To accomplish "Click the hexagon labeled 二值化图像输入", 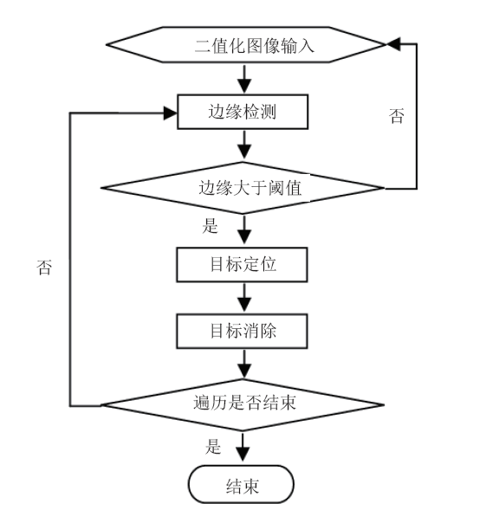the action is tap(246, 45).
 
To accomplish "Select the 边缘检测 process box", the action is tap(243, 112).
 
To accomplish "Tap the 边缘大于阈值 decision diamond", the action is tap(243, 188).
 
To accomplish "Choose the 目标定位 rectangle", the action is tap(242, 265).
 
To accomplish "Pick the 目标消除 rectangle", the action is tap(242, 331).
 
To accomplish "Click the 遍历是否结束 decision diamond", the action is tap(243, 405).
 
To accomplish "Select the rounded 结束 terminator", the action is tap(241, 485).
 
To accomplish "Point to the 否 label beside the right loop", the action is tap(397, 116).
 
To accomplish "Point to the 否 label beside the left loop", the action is tap(44, 268).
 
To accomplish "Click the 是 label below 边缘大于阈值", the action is tap(210, 226).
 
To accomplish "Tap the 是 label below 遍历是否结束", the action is tap(213, 447).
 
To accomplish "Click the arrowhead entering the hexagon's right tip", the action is tap(393, 44).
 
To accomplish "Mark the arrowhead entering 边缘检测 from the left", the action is tap(171, 113).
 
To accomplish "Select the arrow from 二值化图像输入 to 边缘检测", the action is tap(244, 79).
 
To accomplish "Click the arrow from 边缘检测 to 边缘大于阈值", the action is tap(244, 145).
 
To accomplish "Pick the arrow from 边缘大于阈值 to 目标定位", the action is tap(244, 229).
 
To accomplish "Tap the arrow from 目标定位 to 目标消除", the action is tap(244, 298).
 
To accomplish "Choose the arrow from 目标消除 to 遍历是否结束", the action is tap(244, 364).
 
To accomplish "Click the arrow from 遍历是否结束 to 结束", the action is tap(243, 448).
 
